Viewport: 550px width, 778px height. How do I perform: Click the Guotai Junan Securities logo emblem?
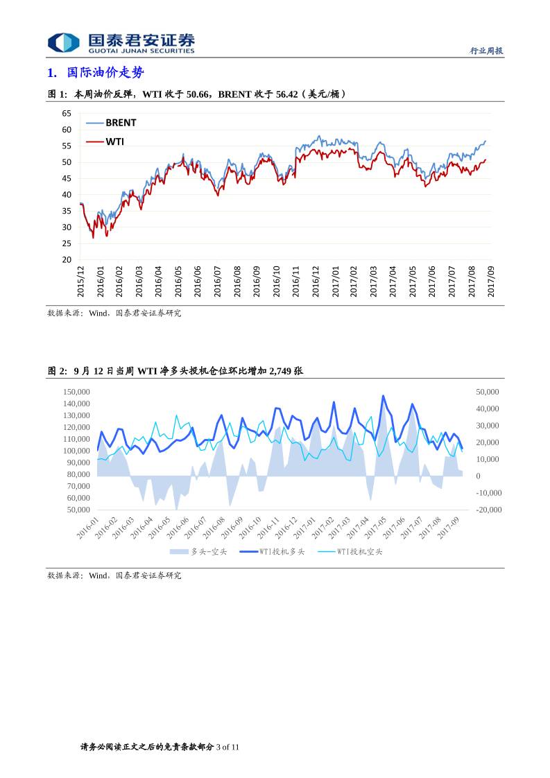point(63,43)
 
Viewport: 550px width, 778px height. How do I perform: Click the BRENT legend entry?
point(121,123)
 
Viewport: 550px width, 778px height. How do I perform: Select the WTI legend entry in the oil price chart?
point(114,141)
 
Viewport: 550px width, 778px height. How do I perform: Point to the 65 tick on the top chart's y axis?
point(67,113)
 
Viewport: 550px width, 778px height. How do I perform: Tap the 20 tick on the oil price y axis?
point(67,260)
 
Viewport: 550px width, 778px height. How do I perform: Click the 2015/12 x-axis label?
point(80,281)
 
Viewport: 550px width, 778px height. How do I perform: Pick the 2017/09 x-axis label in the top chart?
point(491,281)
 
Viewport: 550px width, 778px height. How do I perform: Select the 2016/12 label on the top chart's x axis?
point(316,281)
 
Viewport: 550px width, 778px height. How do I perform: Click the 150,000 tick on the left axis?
point(76,392)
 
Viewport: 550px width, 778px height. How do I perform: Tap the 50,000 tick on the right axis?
point(487,392)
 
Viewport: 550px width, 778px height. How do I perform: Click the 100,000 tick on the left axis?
point(76,451)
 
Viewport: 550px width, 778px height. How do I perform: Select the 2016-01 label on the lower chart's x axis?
point(88,527)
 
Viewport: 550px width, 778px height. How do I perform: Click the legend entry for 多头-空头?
point(209,552)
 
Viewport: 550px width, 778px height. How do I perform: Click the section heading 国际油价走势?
point(105,73)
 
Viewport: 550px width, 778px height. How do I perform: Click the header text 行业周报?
point(486,51)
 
